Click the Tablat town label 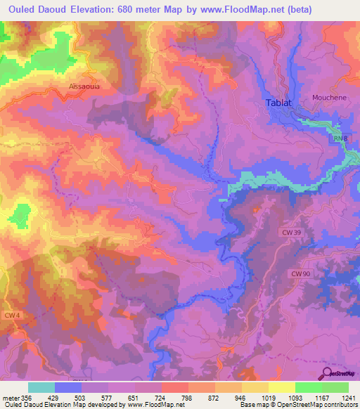pyautogui.click(x=278, y=103)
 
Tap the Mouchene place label pyautogui.click(x=329, y=98)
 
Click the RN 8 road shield pyautogui.click(x=340, y=139)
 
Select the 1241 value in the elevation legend pyautogui.click(x=347, y=397)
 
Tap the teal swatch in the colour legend pyautogui.click(x=41, y=387)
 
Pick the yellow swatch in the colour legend pyautogui.click(x=281, y=387)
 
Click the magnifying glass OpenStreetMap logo pyautogui.click(x=326, y=372)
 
